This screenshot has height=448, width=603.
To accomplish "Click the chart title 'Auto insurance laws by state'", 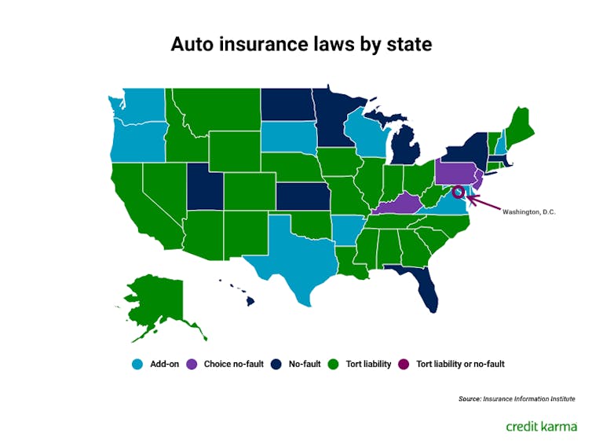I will [x=301, y=45].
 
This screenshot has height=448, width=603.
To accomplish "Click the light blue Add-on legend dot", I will [x=137, y=364].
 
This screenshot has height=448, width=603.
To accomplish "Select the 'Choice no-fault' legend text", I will [x=234, y=364].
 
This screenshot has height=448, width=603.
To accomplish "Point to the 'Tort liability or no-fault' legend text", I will [x=460, y=364].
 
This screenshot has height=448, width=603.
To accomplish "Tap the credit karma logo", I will [x=541, y=425].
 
